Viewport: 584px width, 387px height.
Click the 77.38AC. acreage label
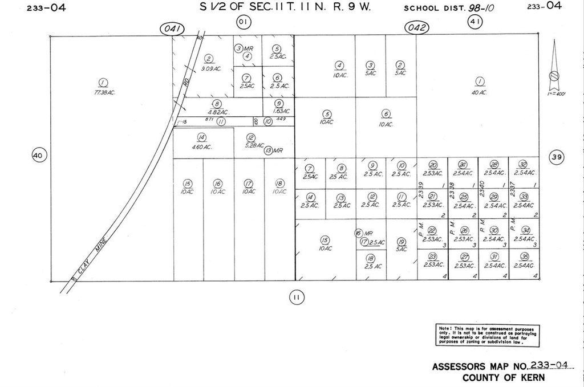click(104, 92)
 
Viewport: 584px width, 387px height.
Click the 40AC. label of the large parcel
click(479, 92)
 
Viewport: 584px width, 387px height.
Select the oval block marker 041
click(172, 28)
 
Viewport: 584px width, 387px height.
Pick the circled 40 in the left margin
click(38, 155)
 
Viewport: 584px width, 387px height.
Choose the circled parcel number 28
click(494, 164)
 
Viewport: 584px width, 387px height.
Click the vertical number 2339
click(421, 189)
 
